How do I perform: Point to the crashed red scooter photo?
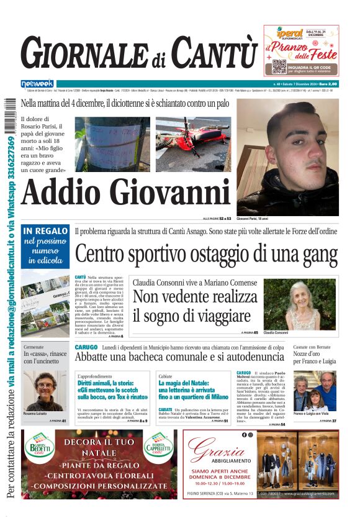pos(193,144)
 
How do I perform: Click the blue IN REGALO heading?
pos(45,230)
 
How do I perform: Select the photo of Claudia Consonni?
pos(311,304)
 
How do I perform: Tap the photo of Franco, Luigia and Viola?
pos(315,394)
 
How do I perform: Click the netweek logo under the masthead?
pos(37,83)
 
